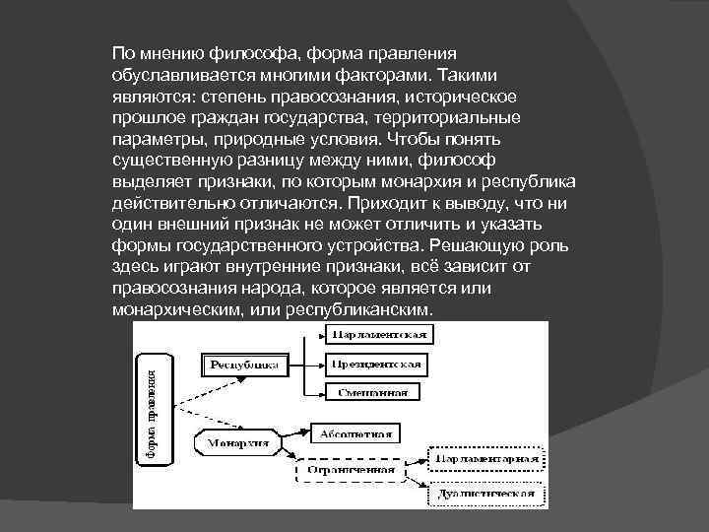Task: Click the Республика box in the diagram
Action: pyautogui.click(x=241, y=365)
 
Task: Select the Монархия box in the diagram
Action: pyautogui.click(x=237, y=443)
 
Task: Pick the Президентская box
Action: pyautogui.click(x=379, y=364)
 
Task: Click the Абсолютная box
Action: pyautogui.click(x=355, y=432)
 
